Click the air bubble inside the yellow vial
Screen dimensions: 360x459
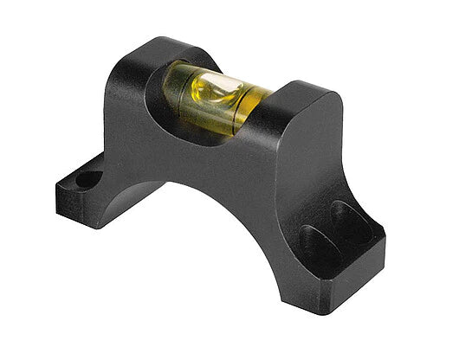coord(216,87)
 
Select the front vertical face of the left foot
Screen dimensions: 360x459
coord(82,208)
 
